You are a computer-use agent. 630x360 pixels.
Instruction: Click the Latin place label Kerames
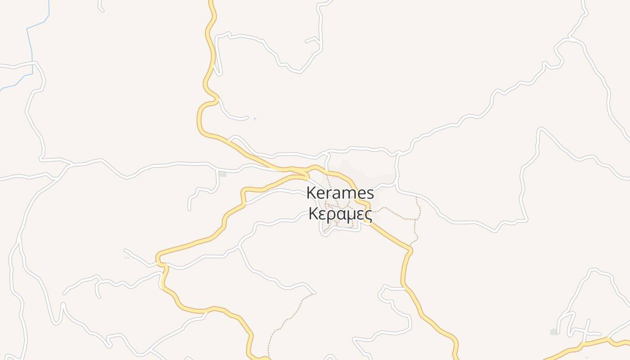340,193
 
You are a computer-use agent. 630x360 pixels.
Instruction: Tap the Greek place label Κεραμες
340,214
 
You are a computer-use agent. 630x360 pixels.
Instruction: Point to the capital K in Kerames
311,193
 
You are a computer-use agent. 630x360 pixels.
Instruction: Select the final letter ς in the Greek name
368,215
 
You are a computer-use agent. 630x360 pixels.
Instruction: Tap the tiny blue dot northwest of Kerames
255,119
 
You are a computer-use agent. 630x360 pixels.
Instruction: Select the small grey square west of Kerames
222,174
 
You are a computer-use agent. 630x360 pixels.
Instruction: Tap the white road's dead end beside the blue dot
247,118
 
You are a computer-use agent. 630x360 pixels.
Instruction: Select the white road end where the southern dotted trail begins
315,293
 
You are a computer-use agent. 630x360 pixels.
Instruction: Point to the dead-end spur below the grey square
189,209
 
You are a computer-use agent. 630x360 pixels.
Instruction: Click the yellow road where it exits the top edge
211,2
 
